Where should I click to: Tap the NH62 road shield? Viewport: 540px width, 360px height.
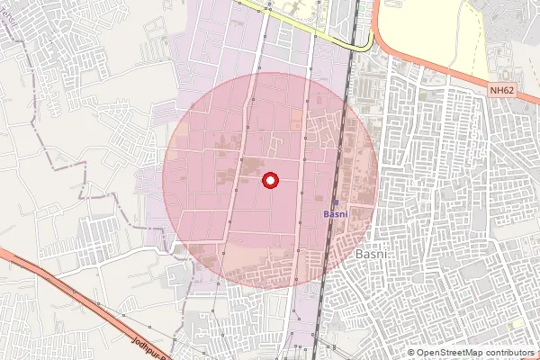tap(502, 90)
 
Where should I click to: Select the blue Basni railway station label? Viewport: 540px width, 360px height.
tap(336, 214)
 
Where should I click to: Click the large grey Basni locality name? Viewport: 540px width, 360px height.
tap(372, 255)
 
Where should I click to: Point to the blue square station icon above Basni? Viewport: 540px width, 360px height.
tap(337, 202)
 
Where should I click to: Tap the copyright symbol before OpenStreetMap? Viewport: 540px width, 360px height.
tap(412, 353)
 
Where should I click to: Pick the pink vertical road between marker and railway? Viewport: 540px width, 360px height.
tap(302, 180)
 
